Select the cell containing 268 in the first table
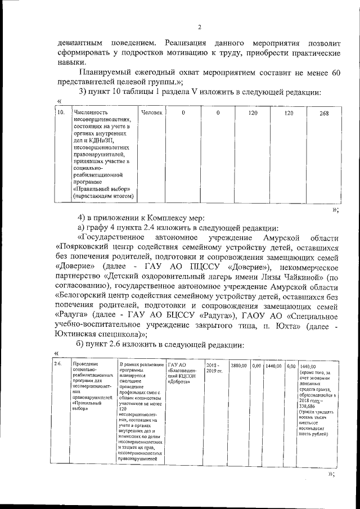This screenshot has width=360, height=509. [x=323, y=113]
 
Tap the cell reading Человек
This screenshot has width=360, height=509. [x=152, y=113]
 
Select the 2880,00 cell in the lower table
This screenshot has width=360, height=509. [x=239, y=366]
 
